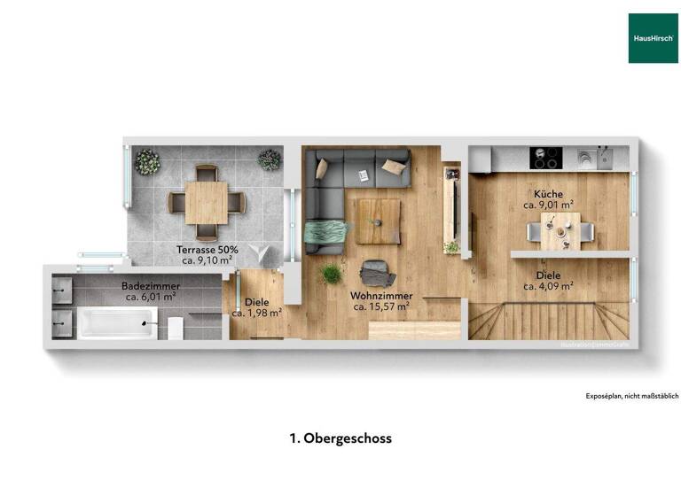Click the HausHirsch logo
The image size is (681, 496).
pyautogui.click(x=653, y=38)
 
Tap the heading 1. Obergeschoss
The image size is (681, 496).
pyautogui.click(x=340, y=438)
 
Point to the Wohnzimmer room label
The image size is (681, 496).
pyautogui.click(x=381, y=295)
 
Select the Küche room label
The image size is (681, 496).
pyautogui.click(x=548, y=194)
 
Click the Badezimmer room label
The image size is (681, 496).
pyautogui.click(x=151, y=286)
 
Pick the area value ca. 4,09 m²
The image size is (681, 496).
pyautogui.click(x=548, y=286)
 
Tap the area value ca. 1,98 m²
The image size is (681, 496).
pyautogui.click(x=257, y=313)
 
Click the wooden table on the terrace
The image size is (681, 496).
pyautogui.click(x=204, y=204)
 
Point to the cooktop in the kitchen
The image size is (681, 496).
pyautogui.click(x=544, y=159)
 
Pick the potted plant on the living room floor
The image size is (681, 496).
pyautogui.click(x=332, y=274)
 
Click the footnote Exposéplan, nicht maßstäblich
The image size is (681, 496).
pyautogui.click(x=632, y=396)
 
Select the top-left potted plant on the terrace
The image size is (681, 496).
pyautogui.click(x=148, y=161)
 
